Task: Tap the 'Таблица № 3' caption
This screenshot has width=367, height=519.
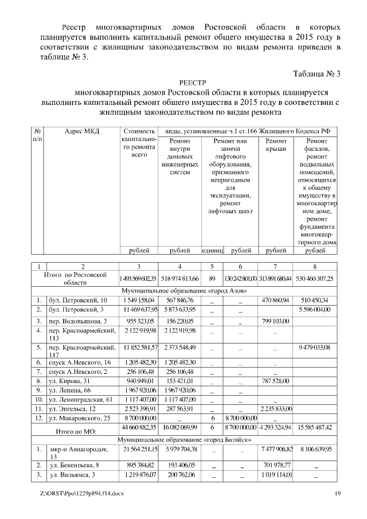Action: click(x=317, y=74)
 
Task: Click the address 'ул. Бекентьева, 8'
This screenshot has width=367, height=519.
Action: click(x=74, y=465)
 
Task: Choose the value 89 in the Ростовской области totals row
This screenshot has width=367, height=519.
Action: click(x=212, y=278)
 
